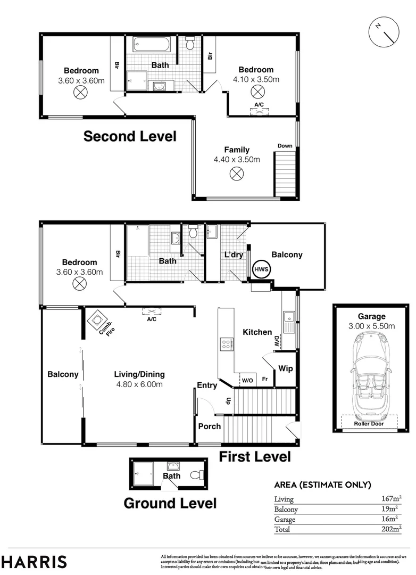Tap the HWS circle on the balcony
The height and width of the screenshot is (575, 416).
(x=261, y=269)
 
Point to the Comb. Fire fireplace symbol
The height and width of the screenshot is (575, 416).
(x=97, y=322)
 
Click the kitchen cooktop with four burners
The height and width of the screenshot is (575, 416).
(x=226, y=344)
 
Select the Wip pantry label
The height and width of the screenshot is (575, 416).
(x=285, y=368)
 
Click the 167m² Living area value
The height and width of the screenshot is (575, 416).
(x=391, y=499)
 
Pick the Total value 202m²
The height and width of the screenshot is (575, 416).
(x=390, y=529)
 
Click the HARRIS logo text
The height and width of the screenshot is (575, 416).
(x=34, y=562)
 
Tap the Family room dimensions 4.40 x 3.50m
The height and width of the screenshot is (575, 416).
(x=236, y=159)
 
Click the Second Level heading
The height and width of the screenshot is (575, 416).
(x=130, y=137)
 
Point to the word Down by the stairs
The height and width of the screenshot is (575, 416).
(x=285, y=146)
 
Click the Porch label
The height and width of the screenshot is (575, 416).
(x=209, y=426)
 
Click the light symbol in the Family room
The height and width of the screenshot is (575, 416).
(x=236, y=173)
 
